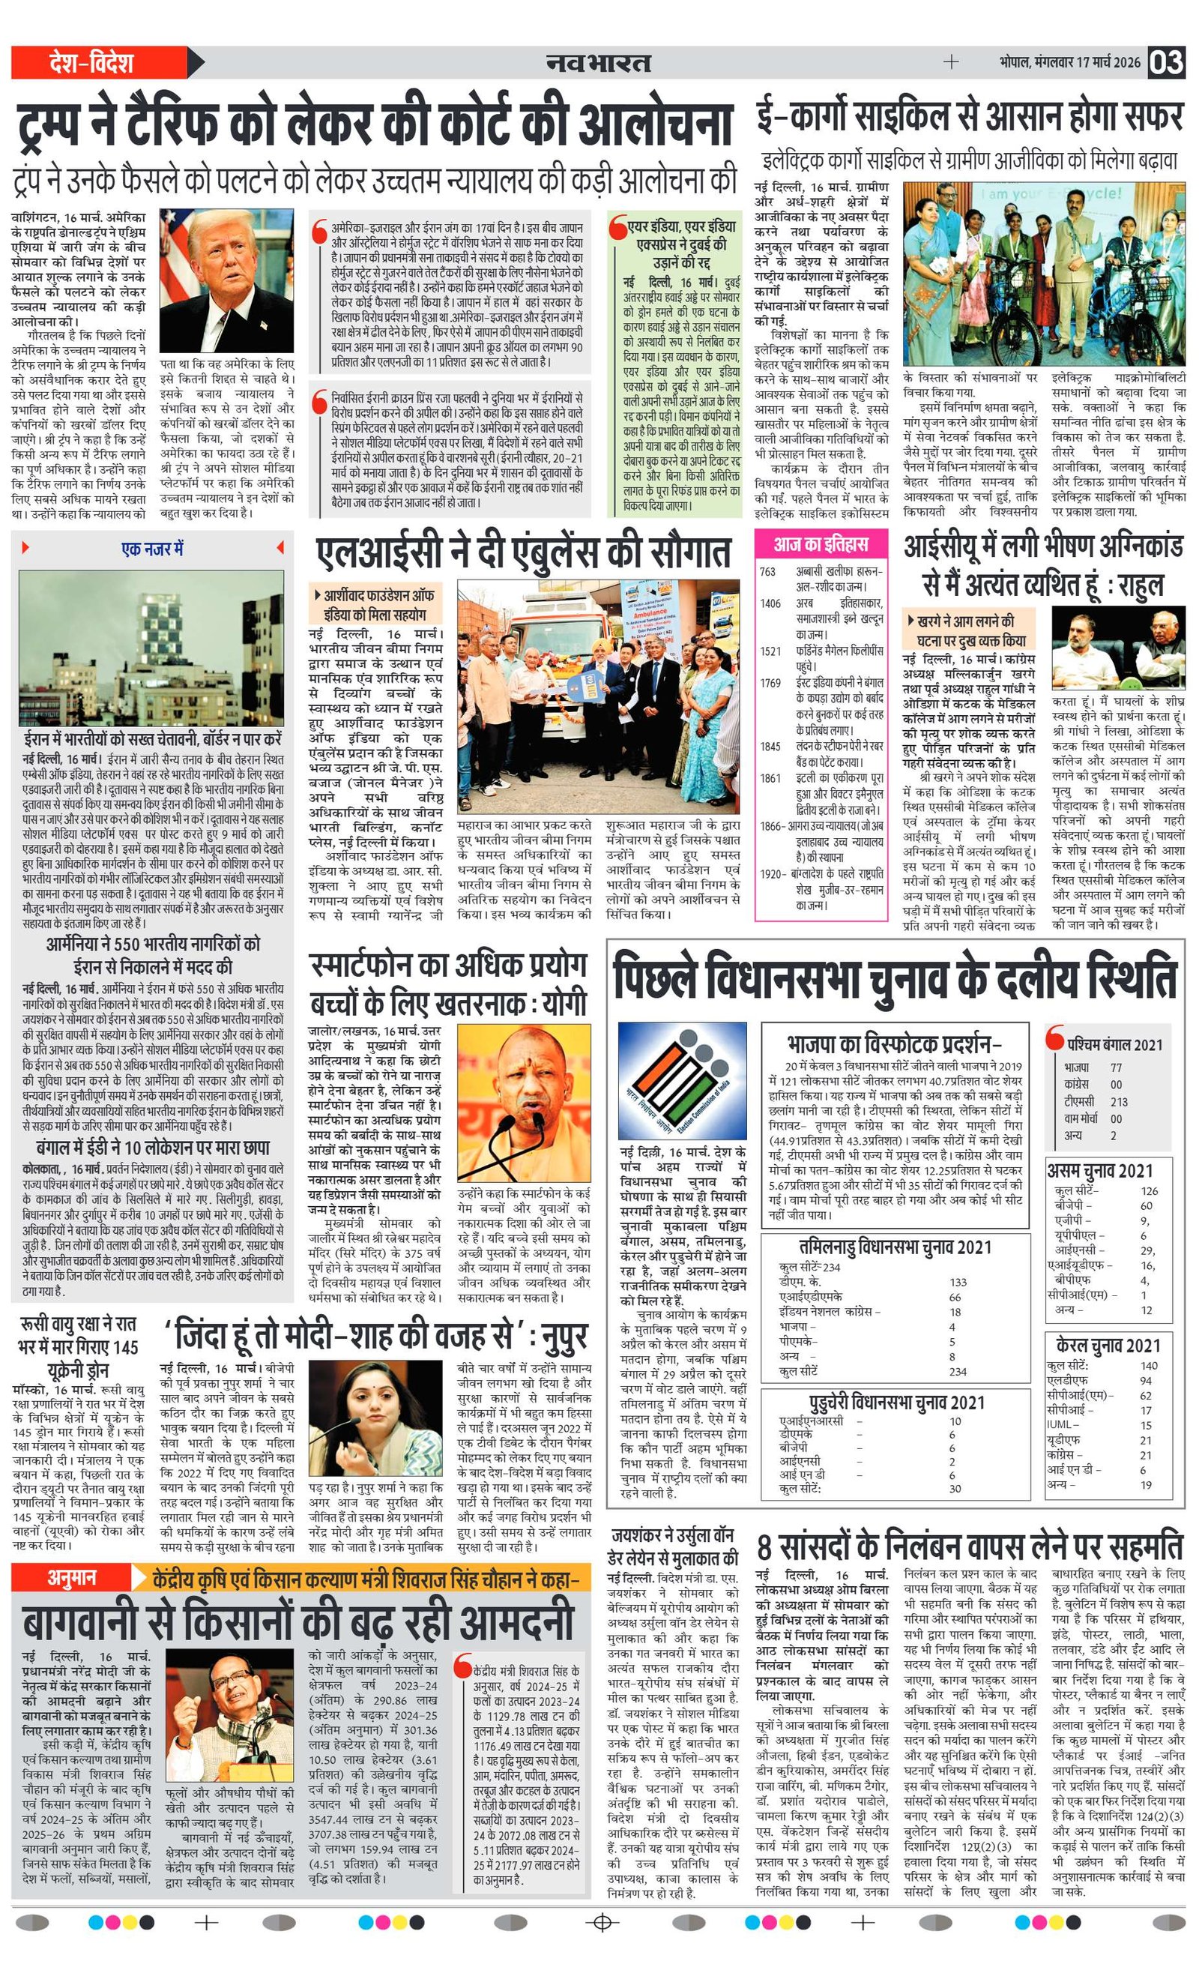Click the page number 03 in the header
click(x=1166, y=62)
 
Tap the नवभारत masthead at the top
click(x=598, y=63)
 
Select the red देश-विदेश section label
click(x=91, y=63)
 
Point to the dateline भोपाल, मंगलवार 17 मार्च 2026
click(x=1069, y=63)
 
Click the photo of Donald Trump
click(x=227, y=280)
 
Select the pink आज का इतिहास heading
click(x=821, y=544)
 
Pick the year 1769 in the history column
click(x=770, y=683)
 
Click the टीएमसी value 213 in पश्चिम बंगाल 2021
click(x=1119, y=1101)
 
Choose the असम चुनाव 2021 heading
click(x=1099, y=1170)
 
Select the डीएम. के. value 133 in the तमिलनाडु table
click(x=958, y=1282)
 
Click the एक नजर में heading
click(x=153, y=549)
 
